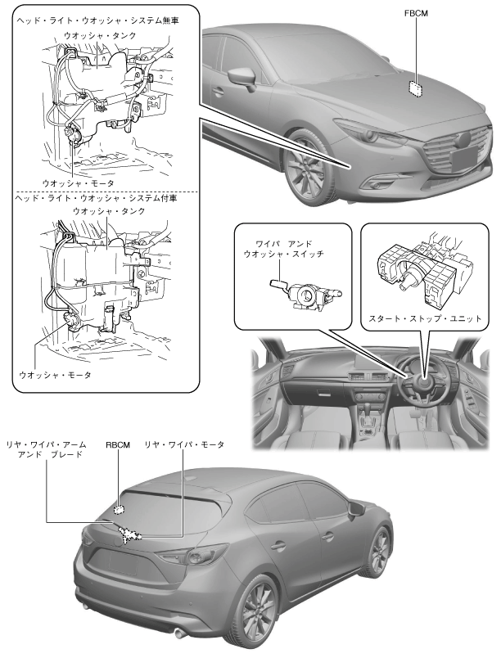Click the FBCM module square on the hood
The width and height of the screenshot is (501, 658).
[416, 85]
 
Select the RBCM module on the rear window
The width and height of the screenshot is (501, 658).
[120, 509]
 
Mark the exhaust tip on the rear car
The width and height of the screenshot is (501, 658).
[179, 631]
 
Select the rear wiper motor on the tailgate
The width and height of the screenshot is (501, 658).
[132, 536]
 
